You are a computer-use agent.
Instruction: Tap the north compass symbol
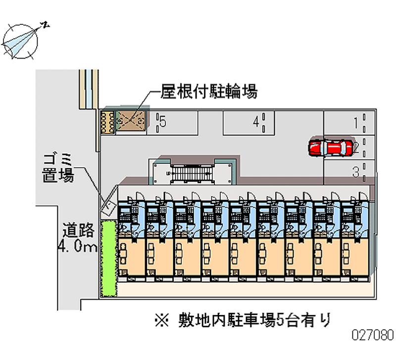(x=21, y=40)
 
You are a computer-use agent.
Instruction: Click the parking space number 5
(x=162, y=122)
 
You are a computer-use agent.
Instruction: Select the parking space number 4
(x=256, y=122)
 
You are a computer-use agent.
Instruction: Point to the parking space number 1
(x=355, y=122)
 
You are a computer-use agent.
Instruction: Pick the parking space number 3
(x=355, y=172)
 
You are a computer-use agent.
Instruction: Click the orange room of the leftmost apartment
(x=131, y=255)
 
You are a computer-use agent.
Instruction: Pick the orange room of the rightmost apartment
(x=355, y=255)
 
